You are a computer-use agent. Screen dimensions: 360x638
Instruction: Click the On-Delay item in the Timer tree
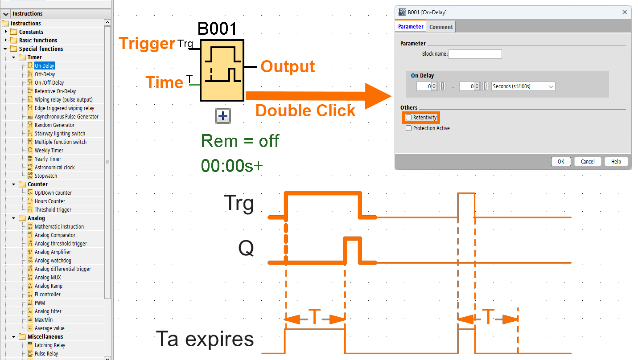(44, 66)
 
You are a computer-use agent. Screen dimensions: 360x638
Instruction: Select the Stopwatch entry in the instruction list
(45, 176)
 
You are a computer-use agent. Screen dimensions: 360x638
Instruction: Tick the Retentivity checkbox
(409, 118)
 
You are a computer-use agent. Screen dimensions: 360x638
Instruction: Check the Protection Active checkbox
(409, 128)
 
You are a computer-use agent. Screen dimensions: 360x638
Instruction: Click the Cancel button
(587, 162)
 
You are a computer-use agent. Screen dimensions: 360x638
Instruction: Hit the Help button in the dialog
(616, 162)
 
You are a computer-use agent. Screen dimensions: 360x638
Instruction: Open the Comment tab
(441, 27)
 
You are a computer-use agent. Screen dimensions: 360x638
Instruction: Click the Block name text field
(475, 54)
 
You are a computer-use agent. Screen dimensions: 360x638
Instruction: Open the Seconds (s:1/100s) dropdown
(523, 86)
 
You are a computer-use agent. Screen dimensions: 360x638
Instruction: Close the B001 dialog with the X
(625, 12)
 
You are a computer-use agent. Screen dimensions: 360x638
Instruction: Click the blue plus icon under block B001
(222, 116)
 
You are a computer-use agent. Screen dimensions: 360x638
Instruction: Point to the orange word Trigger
(147, 43)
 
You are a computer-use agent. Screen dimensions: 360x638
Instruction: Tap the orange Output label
(288, 66)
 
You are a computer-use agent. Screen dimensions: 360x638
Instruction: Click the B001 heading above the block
(217, 29)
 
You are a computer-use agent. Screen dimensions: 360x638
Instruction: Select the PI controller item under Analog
(47, 295)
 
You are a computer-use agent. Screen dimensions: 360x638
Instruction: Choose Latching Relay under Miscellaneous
(49, 345)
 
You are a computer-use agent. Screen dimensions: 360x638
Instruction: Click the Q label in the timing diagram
(246, 248)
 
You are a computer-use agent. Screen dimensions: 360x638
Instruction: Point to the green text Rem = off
(240, 141)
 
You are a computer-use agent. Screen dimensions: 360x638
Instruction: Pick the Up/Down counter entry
(53, 193)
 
